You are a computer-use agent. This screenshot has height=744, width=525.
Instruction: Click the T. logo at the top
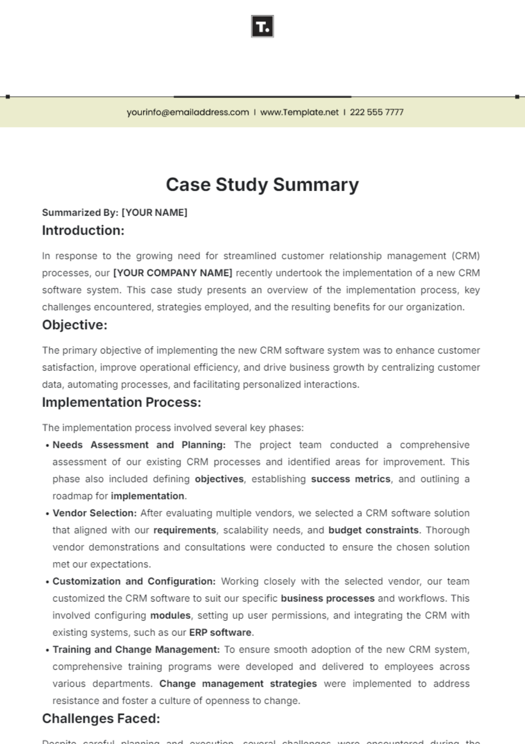click(x=262, y=26)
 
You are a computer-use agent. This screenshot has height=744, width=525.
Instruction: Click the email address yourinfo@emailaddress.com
click(x=188, y=112)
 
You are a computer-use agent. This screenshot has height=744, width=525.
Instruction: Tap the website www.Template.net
click(x=299, y=112)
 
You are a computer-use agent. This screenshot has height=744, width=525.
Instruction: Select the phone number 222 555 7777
click(x=376, y=112)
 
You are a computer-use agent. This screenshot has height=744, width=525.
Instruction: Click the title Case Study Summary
click(x=262, y=185)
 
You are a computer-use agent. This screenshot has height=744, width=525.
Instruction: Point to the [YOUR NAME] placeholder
click(x=154, y=213)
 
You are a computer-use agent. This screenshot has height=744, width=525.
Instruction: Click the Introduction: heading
click(x=83, y=231)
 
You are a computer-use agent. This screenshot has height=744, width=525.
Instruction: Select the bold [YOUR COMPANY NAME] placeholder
click(x=173, y=273)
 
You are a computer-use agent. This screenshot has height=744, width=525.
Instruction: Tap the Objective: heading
click(x=75, y=325)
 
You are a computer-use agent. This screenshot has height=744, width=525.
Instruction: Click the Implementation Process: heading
click(x=122, y=402)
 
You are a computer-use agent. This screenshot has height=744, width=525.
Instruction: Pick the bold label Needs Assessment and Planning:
click(x=139, y=445)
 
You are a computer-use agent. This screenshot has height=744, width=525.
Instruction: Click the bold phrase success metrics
click(x=350, y=479)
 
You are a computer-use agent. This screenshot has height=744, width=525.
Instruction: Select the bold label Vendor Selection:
click(x=94, y=513)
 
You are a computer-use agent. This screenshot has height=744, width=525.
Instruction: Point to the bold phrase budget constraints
click(x=374, y=530)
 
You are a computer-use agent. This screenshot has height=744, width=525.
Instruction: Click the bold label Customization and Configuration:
click(x=134, y=581)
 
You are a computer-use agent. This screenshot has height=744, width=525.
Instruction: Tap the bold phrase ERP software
click(x=220, y=632)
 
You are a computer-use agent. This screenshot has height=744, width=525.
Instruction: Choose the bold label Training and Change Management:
click(x=136, y=650)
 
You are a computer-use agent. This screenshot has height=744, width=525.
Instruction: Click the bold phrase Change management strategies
click(x=238, y=684)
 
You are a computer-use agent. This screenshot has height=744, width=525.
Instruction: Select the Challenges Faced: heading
click(x=101, y=719)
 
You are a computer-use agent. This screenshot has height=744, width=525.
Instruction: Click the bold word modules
click(x=170, y=615)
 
